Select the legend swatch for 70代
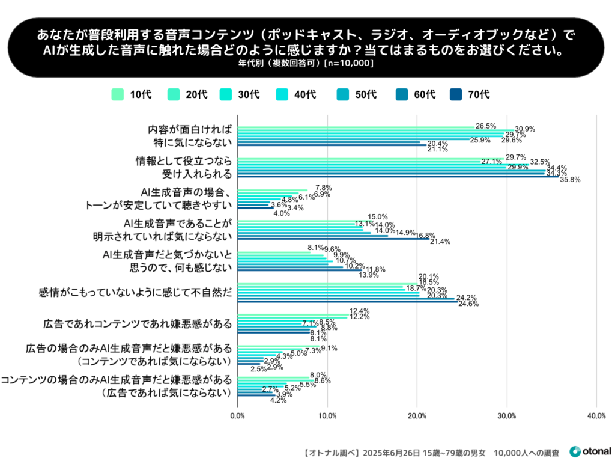click(x=456, y=94)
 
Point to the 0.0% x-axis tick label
click(x=238, y=415)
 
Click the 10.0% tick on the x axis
click(x=327, y=415)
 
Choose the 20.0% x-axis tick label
click(x=417, y=415)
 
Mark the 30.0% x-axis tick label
click(x=506, y=415)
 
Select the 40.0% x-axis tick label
click(x=596, y=415)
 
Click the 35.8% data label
click(x=570, y=179)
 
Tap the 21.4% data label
click(x=440, y=242)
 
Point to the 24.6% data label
click(x=468, y=304)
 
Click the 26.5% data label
click(x=485, y=126)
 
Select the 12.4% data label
click(x=359, y=310)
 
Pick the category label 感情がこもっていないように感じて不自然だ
click(x=135, y=293)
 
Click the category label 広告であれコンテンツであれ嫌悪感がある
click(x=138, y=324)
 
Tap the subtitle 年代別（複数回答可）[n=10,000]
click(x=307, y=63)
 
